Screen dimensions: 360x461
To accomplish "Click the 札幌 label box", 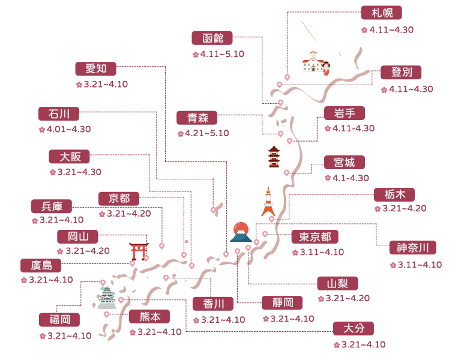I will (382, 13).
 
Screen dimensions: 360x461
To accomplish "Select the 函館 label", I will (213, 38).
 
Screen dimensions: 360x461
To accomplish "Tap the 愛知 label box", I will (95, 68).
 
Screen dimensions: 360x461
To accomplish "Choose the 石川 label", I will (59, 114).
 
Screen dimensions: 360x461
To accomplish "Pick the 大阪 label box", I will (70, 157).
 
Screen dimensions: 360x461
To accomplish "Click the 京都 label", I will (119, 198).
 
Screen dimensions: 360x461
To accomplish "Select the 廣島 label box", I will (41, 265).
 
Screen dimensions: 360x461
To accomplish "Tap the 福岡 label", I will (59, 320).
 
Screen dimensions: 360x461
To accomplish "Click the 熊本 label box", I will (150, 316).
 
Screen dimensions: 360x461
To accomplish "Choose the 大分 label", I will (354, 329).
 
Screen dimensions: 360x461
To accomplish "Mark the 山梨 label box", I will (338, 283).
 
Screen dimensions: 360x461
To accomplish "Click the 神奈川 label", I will (413, 248).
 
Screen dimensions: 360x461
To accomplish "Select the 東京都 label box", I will (315, 236).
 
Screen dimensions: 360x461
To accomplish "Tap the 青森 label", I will (197, 118).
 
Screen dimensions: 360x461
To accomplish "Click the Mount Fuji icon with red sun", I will (241, 232).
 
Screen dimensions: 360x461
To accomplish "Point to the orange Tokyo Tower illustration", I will (268, 202).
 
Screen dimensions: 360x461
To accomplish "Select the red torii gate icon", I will (136, 250).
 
